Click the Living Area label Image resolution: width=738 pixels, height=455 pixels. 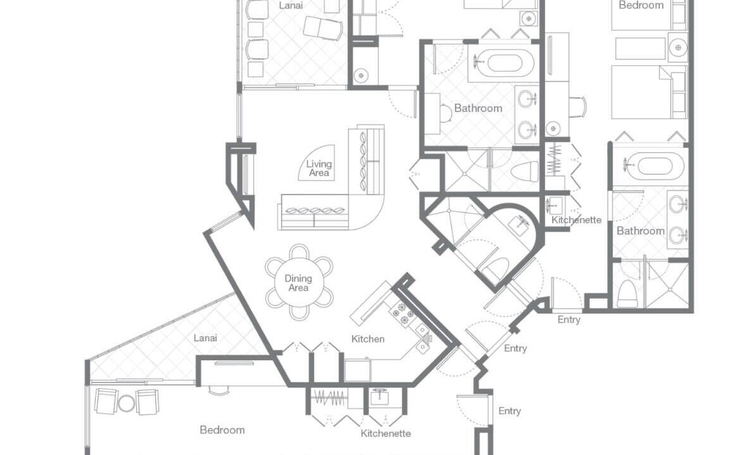click(319, 168)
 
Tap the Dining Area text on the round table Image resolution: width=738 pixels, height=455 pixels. click(298, 283)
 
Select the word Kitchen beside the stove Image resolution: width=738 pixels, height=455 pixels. click(368, 339)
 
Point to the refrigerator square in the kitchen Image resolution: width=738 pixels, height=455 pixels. click(357, 370)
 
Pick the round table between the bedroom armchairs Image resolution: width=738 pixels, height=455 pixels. click(126, 403)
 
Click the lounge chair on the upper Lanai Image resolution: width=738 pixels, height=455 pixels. click(323, 28)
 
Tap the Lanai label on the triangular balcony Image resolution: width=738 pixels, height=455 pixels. click(206, 338)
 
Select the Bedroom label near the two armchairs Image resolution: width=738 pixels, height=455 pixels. click(222, 430)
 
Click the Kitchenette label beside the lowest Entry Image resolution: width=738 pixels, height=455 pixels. click(386, 434)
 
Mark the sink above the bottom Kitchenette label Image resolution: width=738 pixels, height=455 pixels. click(379, 397)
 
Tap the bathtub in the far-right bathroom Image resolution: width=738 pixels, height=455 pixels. click(655, 166)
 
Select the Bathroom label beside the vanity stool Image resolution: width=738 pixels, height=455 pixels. click(478, 108)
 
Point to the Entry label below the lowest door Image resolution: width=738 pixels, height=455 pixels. click(510, 411)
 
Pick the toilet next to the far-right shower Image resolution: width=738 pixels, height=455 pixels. click(627, 293)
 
